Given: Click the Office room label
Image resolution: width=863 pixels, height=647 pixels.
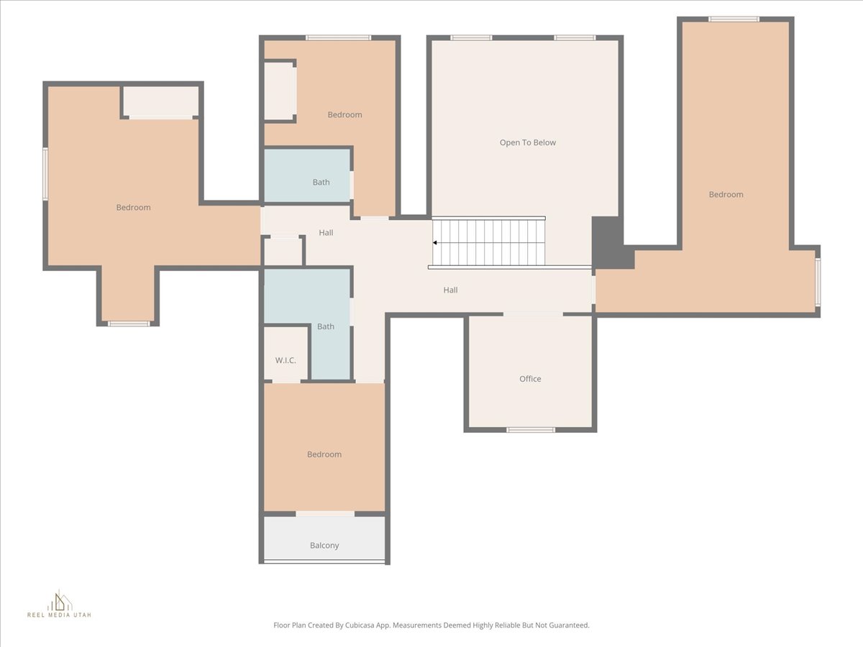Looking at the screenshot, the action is [530, 379].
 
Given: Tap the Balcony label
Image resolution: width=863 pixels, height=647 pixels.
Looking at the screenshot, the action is [324, 545].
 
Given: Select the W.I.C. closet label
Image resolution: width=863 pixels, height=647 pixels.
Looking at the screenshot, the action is [286, 360].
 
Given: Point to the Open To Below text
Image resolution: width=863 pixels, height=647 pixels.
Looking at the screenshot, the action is [528, 142].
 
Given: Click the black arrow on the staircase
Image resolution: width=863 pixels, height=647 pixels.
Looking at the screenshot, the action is [435, 243].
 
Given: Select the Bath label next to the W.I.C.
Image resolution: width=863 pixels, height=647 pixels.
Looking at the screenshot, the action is [326, 326].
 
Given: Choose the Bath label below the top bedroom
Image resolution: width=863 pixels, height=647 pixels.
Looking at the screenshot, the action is [321, 183].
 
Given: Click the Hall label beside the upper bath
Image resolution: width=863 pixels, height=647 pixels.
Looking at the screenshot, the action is [326, 232].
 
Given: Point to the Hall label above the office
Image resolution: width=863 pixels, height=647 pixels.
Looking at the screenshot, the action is [451, 290].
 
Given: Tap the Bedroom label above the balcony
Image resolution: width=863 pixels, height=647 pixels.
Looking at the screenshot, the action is [324, 454].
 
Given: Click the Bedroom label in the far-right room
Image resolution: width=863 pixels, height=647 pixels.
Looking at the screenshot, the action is [726, 194].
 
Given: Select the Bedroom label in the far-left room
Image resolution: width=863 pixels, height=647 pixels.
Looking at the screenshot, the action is [133, 208].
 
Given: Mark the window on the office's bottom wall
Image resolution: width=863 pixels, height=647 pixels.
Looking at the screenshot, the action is [531, 430].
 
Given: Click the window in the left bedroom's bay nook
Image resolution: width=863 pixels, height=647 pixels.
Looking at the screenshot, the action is [129, 323].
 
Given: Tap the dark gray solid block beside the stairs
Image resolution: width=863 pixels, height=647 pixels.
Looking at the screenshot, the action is [608, 243].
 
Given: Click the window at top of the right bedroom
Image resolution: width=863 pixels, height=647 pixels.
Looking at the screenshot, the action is [734, 19].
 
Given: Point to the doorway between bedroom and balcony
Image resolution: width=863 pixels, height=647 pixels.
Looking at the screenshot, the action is [325, 514].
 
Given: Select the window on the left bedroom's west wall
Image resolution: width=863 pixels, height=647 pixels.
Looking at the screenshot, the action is [45, 174].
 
